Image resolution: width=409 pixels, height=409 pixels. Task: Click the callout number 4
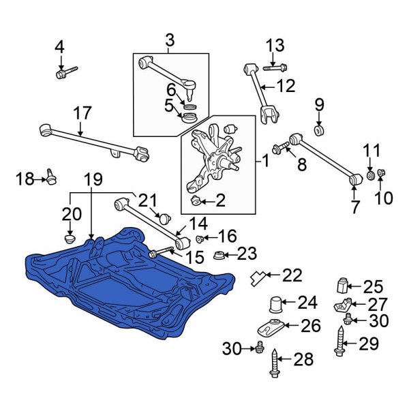point(59,47)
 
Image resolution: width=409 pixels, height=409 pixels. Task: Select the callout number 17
point(82,112)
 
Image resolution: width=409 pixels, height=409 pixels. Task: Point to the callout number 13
point(274,46)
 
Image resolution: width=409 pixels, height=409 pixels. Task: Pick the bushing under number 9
point(318,130)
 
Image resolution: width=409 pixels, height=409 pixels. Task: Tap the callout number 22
point(292,275)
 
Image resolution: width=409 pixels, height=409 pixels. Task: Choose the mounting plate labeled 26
point(271,327)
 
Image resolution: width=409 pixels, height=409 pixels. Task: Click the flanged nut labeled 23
point(218,256)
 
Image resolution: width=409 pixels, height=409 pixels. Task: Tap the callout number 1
point(265,163)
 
